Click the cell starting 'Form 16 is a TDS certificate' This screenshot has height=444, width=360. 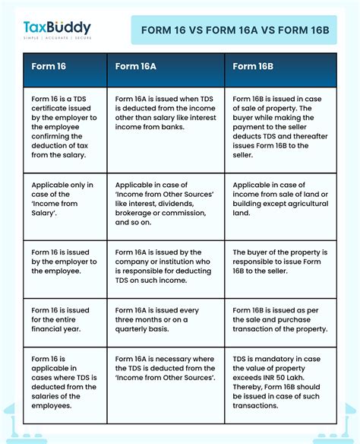click(x=65, y=127)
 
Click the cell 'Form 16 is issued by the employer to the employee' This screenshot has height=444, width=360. click(x=65, y=262)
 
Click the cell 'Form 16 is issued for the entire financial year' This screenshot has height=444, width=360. click(x=63, y=320)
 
